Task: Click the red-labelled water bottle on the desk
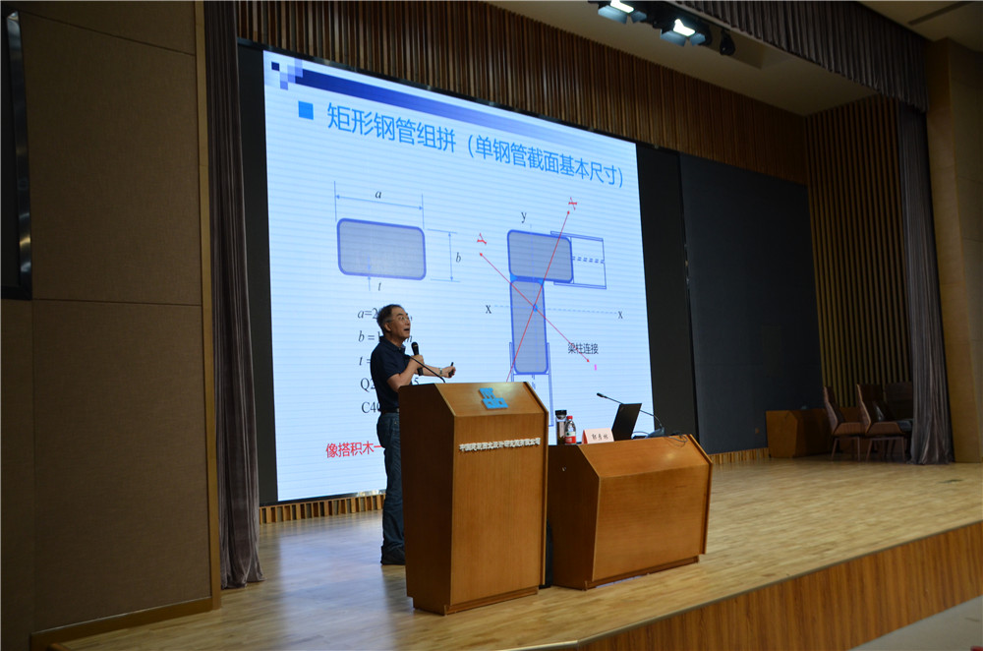[570, 430]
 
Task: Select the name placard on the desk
[598, 435]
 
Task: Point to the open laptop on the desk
[624, 421]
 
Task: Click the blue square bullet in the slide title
[306, 111]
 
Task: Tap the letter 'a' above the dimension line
[378, 195]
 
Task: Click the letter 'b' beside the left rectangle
[457, 258]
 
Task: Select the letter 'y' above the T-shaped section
[523, 216]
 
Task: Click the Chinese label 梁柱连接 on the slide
[583, 347]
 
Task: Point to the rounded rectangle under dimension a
[381, 249]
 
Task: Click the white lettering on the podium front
[499, 444]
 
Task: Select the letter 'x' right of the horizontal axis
[619, 314]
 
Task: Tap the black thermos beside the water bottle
[559, 425]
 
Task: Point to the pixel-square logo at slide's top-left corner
[286, 70]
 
